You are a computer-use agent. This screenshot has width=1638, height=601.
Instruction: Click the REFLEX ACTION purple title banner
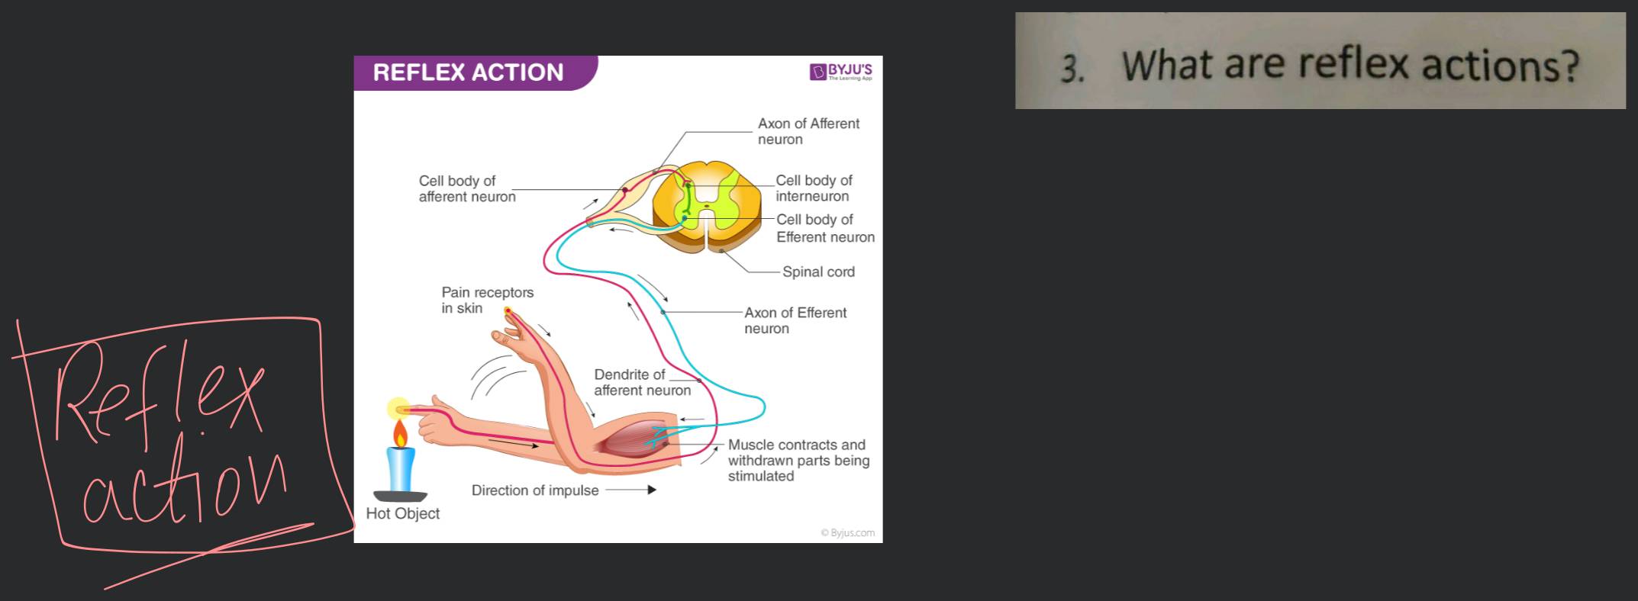click(x=469, y=72)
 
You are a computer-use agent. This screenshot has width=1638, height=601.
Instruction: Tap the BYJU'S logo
click(x=841, y=72)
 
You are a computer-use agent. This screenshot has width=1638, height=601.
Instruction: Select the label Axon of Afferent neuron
click(x=808, y=131)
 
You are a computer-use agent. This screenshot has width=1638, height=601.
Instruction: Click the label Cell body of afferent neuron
click(x=466, y=188)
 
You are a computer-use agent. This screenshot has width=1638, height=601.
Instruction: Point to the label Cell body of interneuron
click(x=814, y=188)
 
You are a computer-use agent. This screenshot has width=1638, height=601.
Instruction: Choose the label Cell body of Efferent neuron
click(x=824, y=228)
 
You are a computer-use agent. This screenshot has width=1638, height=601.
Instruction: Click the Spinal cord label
click(x=818, y=272)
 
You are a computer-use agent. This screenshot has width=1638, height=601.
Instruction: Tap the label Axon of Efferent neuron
click(x=795, y=320)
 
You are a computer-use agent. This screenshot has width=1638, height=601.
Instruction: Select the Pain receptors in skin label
click(x=487, y=300)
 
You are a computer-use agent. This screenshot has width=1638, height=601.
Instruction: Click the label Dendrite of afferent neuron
click(x=642, y=382)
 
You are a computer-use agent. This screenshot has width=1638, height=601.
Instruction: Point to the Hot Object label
click(x=402, y=513)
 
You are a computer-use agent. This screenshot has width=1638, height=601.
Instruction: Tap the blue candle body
click(x=401, y=469)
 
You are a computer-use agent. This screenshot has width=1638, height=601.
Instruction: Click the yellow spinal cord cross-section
click(x=708, y=204)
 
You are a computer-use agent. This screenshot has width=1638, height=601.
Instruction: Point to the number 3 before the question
click(x=1072, y=69)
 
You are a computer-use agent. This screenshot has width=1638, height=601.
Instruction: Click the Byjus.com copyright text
click(x=848, y=532)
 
